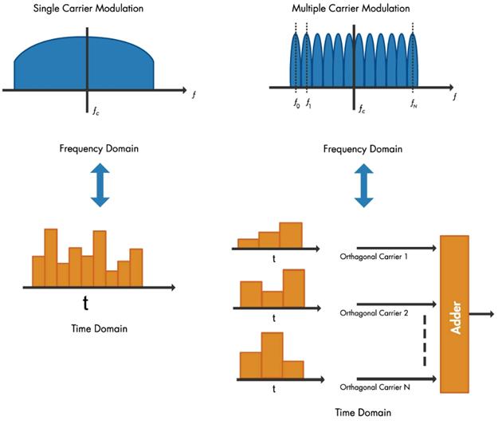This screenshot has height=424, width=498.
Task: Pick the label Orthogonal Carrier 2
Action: pos(374,312)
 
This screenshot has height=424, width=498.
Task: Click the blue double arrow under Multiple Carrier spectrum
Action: pos(363,185)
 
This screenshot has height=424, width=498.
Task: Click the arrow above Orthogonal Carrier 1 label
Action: pos(394,249)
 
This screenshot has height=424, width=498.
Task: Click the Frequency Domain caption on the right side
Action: pos(364,149)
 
